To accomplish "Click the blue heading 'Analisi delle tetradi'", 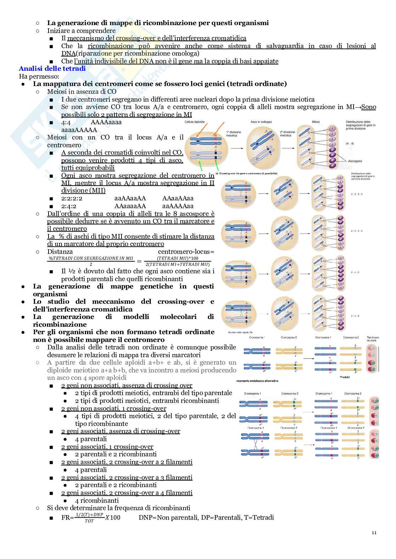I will tap(52, 69).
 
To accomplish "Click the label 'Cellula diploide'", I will tap(195, 121).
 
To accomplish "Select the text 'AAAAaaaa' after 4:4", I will tap(106, 122).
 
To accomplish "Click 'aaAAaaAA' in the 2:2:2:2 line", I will tap(130, 198).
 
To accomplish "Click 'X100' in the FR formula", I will tap(113, 518).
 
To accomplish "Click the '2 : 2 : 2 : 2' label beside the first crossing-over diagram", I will tap(356, 194).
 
